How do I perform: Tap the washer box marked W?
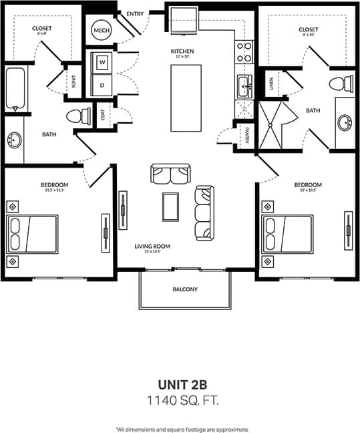tap(102, 63)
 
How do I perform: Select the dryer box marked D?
tap(102, 85)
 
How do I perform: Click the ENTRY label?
tap(134, 13)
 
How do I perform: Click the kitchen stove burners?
tap(244, 52)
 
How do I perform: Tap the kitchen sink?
tap(244, 86)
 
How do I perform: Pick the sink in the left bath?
tap(15, 141)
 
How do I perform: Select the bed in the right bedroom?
tap(288, 233)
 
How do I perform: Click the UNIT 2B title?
tap(182, 384)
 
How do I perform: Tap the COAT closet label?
tap(102, 115)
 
